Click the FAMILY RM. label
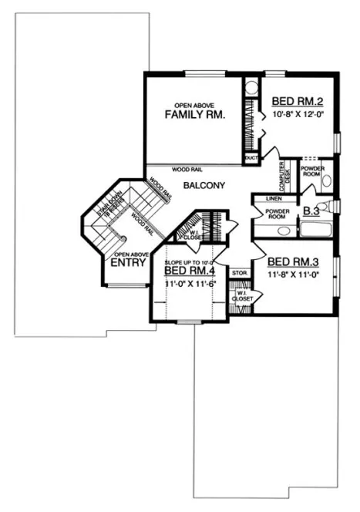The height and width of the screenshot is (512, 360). [195, 115]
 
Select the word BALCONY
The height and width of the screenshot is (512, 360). [204, 185]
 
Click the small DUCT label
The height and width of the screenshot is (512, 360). [250, 158]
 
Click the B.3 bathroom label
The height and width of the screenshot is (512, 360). [312, 210]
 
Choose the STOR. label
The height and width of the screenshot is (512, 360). [239, 272]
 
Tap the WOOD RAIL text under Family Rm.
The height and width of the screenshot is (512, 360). [187, 168]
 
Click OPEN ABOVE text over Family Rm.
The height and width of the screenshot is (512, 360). [193, 104]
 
